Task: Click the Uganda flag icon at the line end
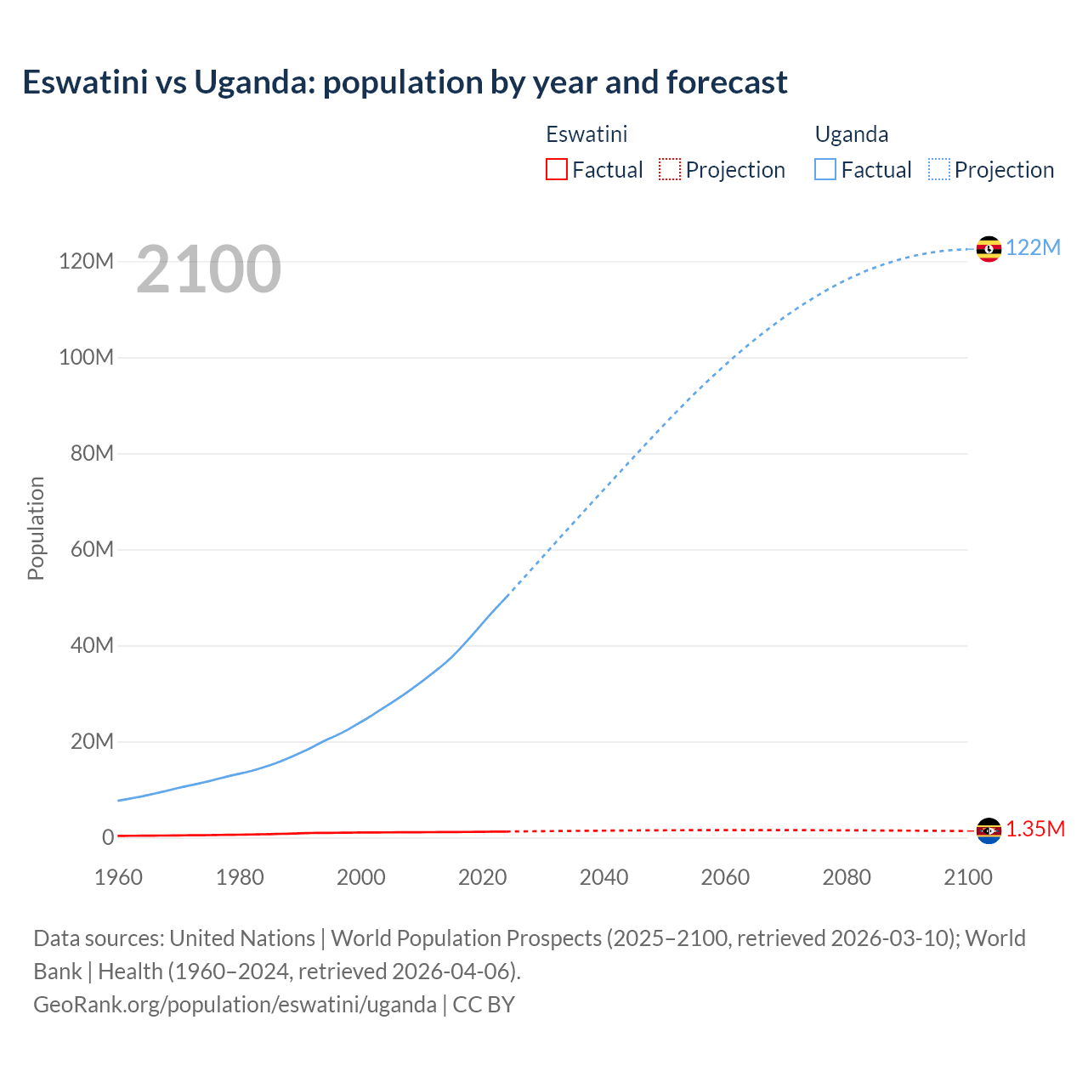(x=989, y=248)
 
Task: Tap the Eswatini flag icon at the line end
(x=989, y=830)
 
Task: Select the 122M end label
(x=1033, y=247)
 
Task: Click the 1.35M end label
(x=1034, y=830)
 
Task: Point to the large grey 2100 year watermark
(x=208, y=269)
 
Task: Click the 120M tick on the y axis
(x=86, y=261)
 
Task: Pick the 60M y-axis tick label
(x=92, y=549)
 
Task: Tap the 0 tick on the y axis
(x=108, y=837)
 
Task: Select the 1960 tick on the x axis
(x=118, y=877)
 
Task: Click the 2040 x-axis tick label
(x=603, y=877)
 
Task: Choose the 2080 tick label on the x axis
(x=846, y=877)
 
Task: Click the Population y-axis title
(x=36, y=528)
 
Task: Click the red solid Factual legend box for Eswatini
(x=556, y=169)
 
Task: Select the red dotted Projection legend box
(x=670, y=169)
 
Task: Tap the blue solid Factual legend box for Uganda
(x=825, y=169)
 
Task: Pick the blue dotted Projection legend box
(x=939, y=169)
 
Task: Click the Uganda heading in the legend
(x=851, y=134)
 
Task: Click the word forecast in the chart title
(x=727, y=82)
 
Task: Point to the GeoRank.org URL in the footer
(x=235, y=1004)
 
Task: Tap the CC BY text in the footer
(x=484, y=1004)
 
